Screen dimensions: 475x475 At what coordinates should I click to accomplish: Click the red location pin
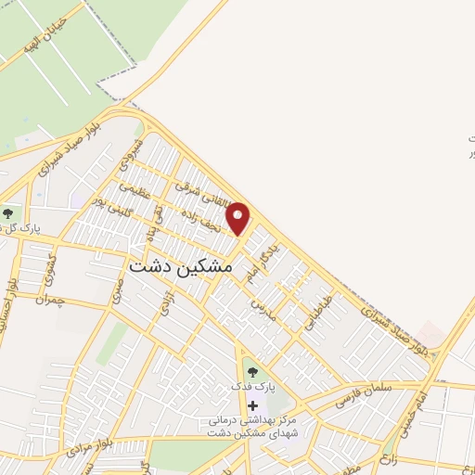click(x=239, y=218)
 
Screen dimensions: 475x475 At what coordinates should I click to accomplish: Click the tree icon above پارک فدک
click(x=252, y=373)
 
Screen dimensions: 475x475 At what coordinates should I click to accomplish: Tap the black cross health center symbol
click(x=252, y=405)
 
